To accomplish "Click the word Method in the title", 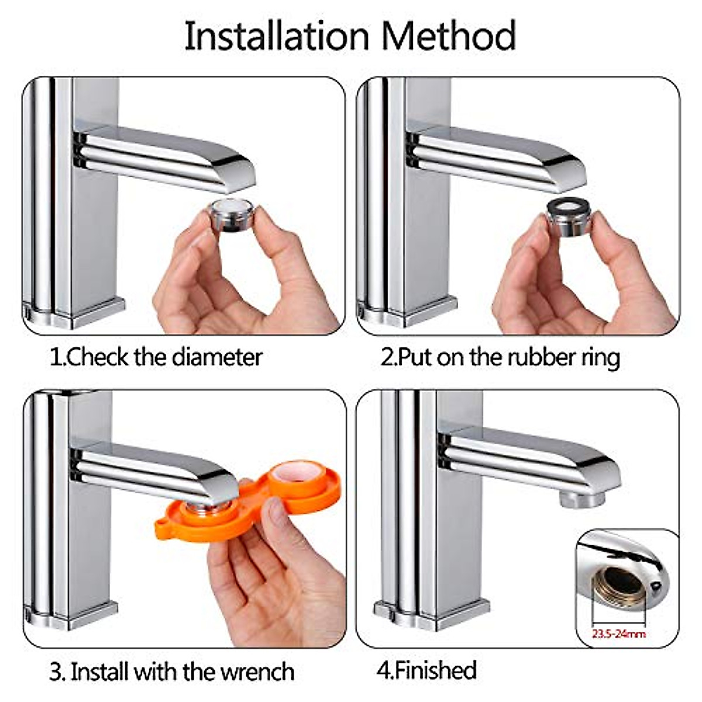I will pyautogui.click(x=449, y=36).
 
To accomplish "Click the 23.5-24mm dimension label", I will pyautogui.click(x=618, y=633).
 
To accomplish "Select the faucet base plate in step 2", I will pyautogui.click(x=409, y=313).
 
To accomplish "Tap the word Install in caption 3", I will pyautogui.click(x=101, y=671).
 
